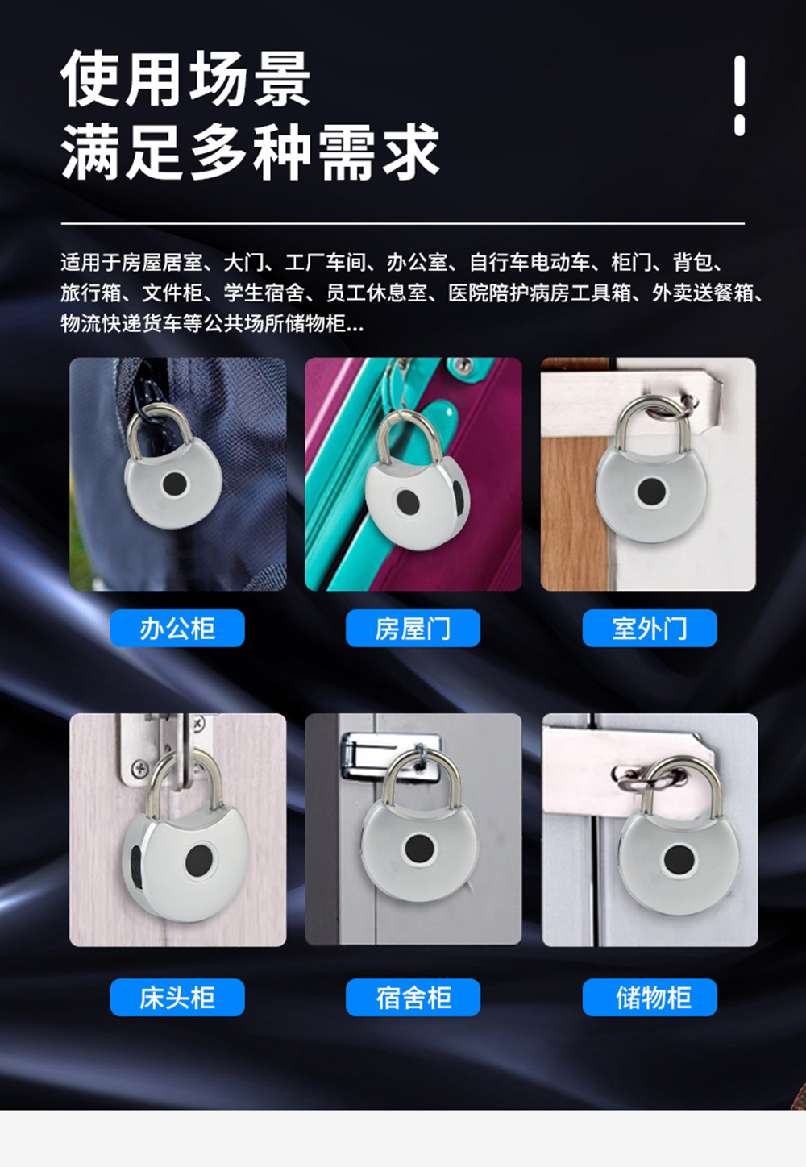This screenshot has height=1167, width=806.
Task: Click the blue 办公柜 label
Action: click(177, 629)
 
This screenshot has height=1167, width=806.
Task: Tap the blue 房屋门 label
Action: click(413, 629)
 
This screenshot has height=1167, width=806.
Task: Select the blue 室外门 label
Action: click(650, 629)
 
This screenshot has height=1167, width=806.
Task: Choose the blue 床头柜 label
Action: click(177, 998)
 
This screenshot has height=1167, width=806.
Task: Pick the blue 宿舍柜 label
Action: click(413, 998)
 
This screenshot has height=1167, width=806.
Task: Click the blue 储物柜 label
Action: click(650, 998)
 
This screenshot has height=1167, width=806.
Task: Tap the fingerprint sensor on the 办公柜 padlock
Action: click(174, 484)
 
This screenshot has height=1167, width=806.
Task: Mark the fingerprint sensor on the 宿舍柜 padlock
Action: click(419, 848)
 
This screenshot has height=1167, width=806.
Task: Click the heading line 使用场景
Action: click(185, 79)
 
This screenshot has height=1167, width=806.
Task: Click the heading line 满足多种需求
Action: click(250, 152)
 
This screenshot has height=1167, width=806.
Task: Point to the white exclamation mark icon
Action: click(739, 94)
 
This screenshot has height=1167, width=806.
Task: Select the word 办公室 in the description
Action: click(417, 263)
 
